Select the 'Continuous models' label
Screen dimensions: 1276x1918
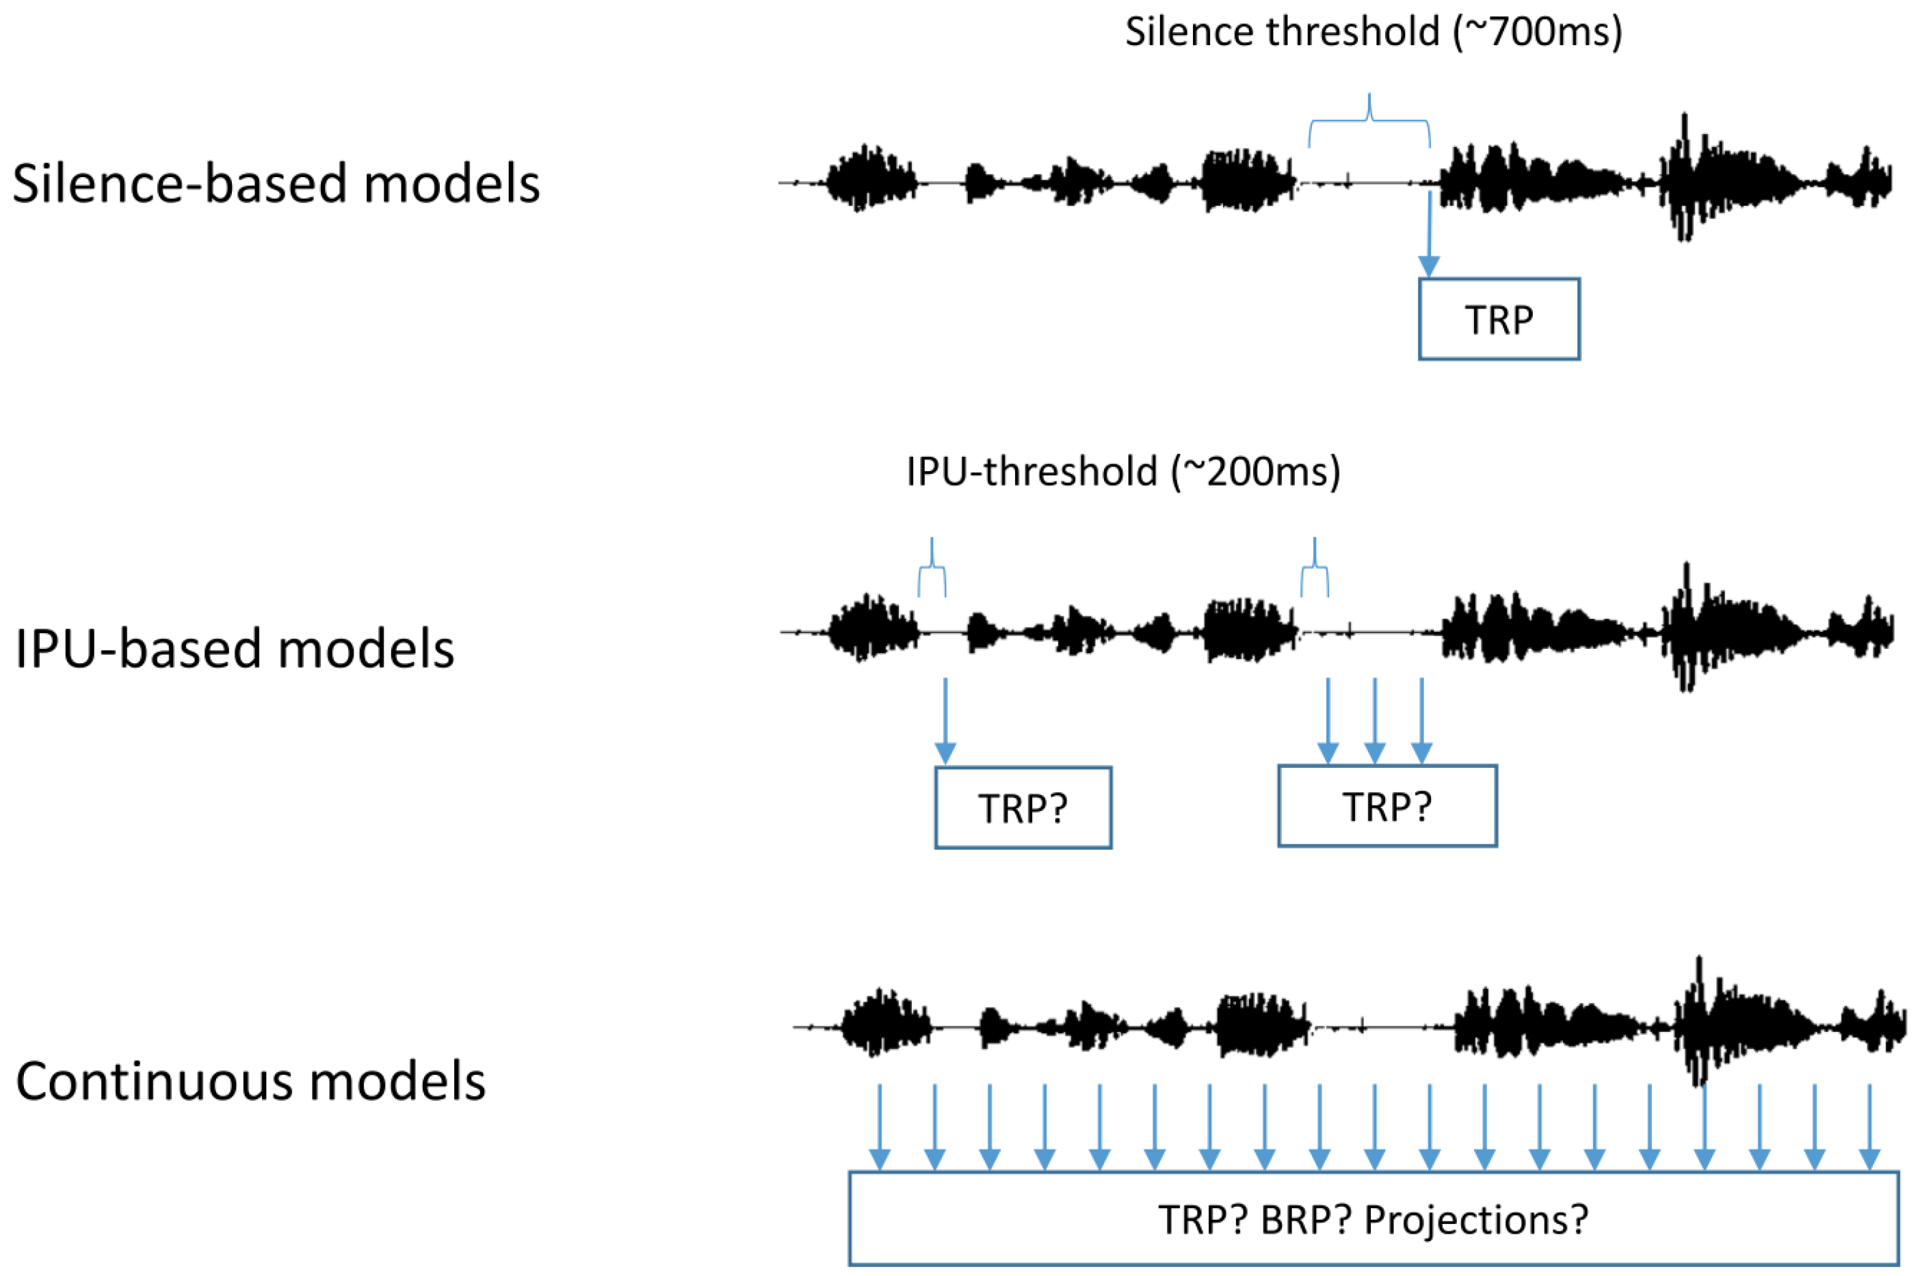pos(251,1082)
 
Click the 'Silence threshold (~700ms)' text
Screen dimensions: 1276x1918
pos(1374,33)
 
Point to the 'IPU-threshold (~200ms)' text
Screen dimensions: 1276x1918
pos(1122,472)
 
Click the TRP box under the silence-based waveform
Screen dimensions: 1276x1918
pos(1498,319)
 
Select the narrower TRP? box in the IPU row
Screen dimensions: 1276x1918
pos(1023,808)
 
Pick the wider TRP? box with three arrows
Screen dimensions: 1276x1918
pos(1387,806)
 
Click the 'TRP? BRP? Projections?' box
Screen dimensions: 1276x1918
pos(1373,1219)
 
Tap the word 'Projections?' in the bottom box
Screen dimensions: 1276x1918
pos(1475,1219)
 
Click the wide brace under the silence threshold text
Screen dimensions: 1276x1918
pos(1369,120)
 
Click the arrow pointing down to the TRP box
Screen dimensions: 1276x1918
pos(1429,236)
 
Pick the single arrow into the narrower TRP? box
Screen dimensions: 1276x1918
pos(945,720)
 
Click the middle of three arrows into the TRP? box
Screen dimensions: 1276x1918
pos(1374,720)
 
